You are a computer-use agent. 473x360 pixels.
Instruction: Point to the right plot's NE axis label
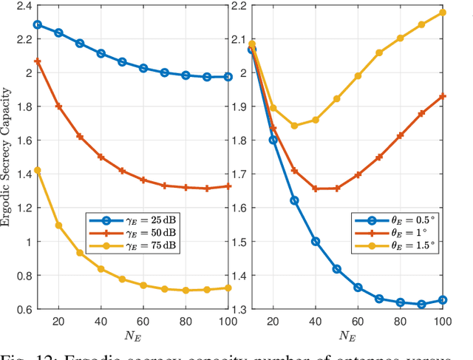coord(347,337)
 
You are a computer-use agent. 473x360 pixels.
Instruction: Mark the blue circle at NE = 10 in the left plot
coord(38,24)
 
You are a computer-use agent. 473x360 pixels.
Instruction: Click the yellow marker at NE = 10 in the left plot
coord(38,170)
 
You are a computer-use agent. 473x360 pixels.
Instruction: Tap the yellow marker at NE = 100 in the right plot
coord(443,13)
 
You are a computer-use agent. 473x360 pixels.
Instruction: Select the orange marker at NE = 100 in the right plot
coord(443,96)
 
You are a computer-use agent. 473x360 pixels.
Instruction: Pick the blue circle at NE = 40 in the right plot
coord(316,241)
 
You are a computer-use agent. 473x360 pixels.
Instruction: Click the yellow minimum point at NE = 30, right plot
coord(294,126)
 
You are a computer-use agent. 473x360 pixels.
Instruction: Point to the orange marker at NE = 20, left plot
coord(59,106)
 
